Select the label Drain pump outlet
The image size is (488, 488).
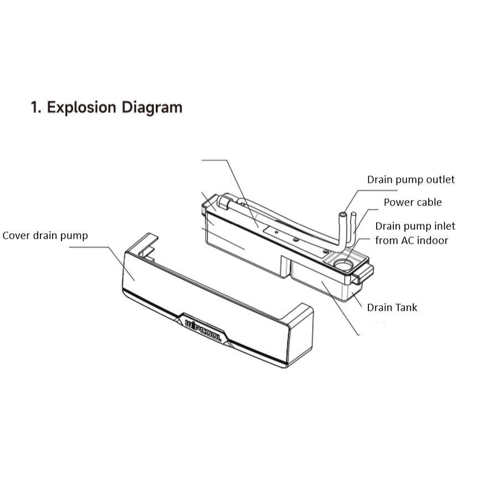point(410,179)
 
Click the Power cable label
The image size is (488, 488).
point(413,202)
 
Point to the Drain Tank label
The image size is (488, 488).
point(392,307)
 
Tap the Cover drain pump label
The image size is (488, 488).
point(45,235)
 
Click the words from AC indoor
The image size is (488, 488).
point(412,240)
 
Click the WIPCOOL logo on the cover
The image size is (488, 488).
point(202,329)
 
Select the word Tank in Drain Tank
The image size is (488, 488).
point(405,307)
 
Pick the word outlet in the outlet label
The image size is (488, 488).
point(440,179)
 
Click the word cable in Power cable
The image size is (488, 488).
point(429,202)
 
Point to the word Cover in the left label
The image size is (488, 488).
point(16,235)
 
